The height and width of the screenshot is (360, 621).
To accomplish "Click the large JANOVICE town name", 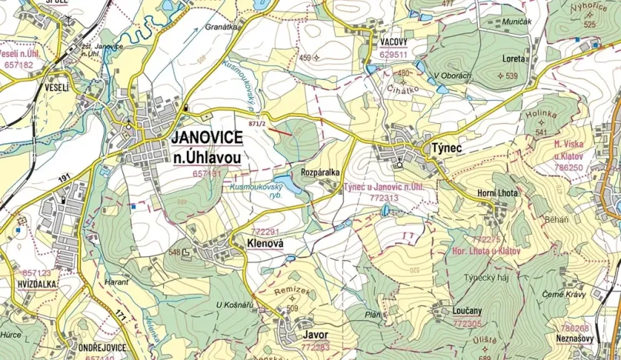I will [207, 137].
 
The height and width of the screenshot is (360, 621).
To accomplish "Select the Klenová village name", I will [265, 243].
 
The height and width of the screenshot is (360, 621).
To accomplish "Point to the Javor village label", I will [316, 336].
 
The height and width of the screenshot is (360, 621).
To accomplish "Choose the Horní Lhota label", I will [498, 192].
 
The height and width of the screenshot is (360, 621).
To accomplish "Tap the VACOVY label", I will [393, 43].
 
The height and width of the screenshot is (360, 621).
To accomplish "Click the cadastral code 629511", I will [393, 55].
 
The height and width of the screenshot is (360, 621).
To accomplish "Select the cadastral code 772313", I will [383, 198].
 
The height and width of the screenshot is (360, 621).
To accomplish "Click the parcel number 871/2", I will [257, 123].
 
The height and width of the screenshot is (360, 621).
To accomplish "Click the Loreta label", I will [514, 58].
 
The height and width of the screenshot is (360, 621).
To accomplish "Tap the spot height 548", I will [174, 252].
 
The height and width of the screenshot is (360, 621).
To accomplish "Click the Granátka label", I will [222, 26].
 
